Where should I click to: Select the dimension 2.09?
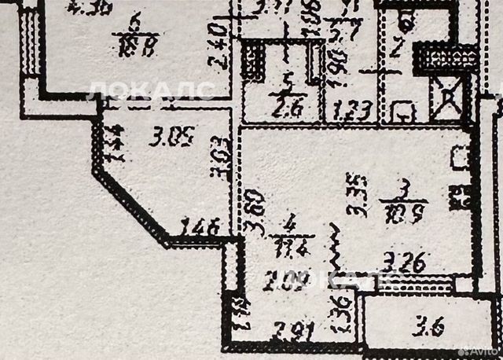(x=285, y=279)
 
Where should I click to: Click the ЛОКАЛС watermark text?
(x=149, y=89)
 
